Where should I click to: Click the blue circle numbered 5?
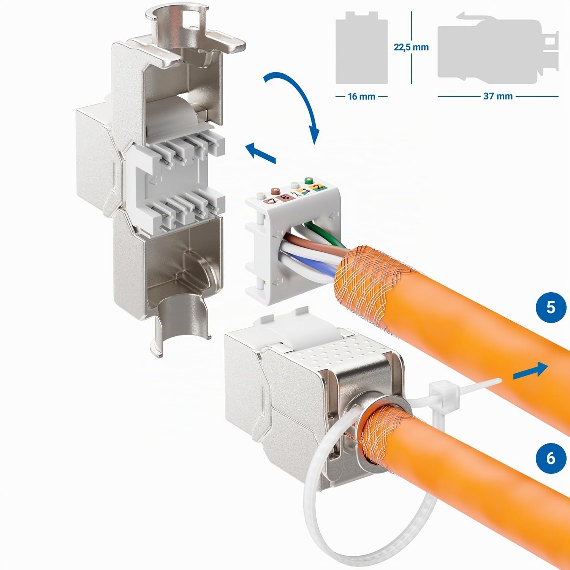[551, 307]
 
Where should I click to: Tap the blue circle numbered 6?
[551, 458]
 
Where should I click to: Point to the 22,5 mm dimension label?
[411, 47]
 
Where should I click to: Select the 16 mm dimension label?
[361, 97]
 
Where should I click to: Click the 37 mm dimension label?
[498, 97]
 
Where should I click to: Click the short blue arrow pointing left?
[261, 154]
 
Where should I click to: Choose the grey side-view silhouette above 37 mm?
[498, 51]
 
